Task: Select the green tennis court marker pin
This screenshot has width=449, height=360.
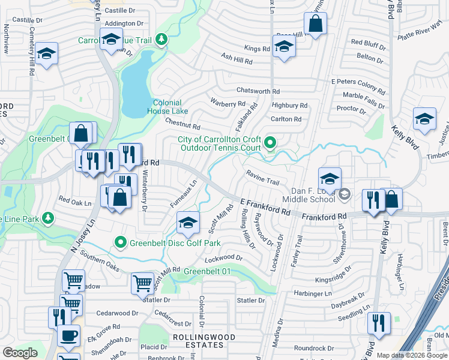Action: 270,143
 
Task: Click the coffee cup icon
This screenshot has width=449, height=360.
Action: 68,335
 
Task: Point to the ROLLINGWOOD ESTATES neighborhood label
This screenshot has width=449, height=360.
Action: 199,341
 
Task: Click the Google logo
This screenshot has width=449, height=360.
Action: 20,353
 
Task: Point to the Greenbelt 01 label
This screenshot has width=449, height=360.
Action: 207,271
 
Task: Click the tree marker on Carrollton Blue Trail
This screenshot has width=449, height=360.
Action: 161,40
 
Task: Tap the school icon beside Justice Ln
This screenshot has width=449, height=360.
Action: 424,118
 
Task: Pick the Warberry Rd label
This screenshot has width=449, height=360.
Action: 224,103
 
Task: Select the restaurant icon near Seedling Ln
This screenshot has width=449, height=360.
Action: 379,323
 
